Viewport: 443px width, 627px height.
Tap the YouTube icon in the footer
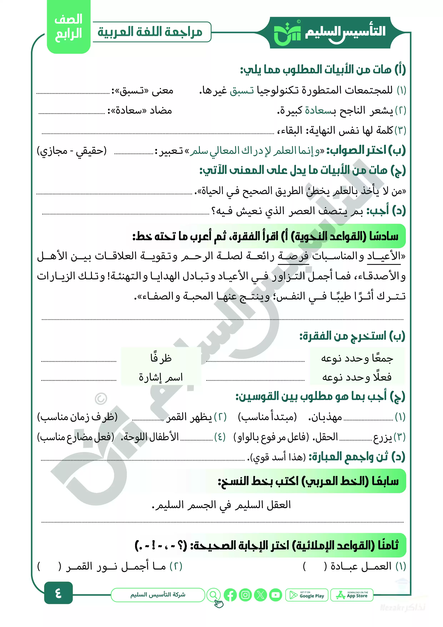(276, 595)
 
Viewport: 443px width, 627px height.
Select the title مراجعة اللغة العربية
(150, 32)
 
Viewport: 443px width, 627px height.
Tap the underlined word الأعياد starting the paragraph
(384, 256)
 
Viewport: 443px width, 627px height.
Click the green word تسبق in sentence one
(242, 90)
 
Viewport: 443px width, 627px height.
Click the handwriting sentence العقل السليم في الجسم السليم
(221, 505)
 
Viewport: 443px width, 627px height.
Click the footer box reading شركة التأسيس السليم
(158, 595)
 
